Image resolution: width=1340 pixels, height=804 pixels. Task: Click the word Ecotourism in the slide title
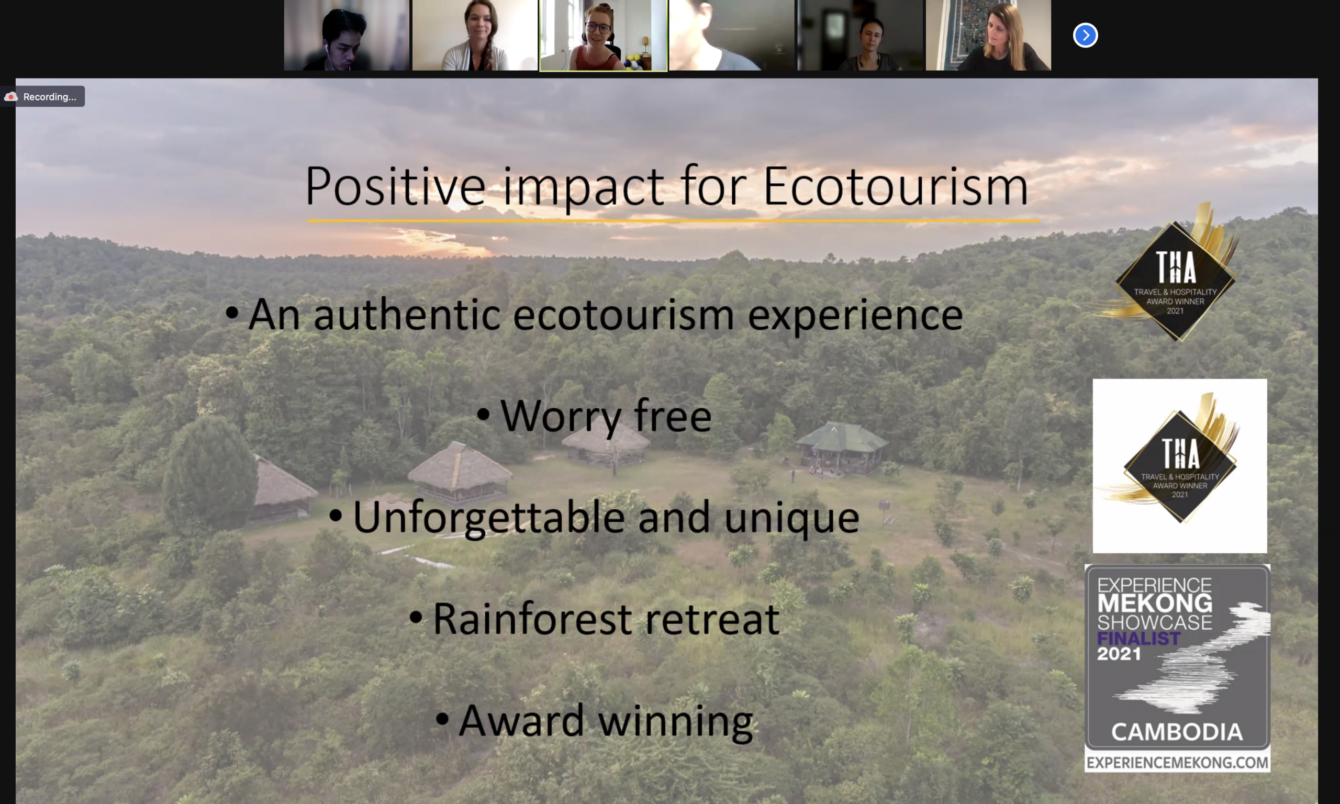click(x=896, y=186)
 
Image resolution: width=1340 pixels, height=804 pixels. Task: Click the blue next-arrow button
click(x=1086, y=35)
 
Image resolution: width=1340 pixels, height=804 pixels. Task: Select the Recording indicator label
click(x=49, y=97)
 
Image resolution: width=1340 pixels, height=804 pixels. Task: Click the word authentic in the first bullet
click(x=407, y=315)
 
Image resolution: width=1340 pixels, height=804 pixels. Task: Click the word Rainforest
click(x=532, y=619)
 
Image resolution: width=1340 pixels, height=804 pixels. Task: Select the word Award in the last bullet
click(x=521, y=721)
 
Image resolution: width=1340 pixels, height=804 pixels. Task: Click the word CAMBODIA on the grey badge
click(x=1177, y=732)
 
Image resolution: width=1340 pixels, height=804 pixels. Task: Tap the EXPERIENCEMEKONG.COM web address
click(x=1178, y=763)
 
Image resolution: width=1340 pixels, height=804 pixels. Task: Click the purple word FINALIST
click(x=1138, y=638)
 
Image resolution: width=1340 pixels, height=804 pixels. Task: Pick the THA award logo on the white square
click(x=1180, y=466)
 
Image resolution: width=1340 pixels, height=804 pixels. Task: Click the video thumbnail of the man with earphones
click(x=347, y=35)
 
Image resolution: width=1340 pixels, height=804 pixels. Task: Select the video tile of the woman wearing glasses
click(x=604, y=35)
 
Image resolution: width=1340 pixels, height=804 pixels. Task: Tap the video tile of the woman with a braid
click(x=475, y=35)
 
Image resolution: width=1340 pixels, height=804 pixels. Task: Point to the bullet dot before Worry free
click(x=483, y=415)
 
